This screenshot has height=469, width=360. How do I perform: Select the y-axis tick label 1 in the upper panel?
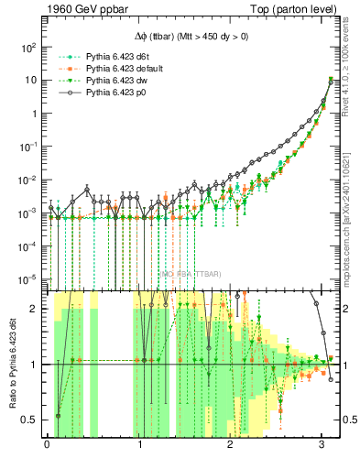[x=35, y=114]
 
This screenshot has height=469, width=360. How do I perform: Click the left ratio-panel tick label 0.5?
[x=32, y=420]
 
